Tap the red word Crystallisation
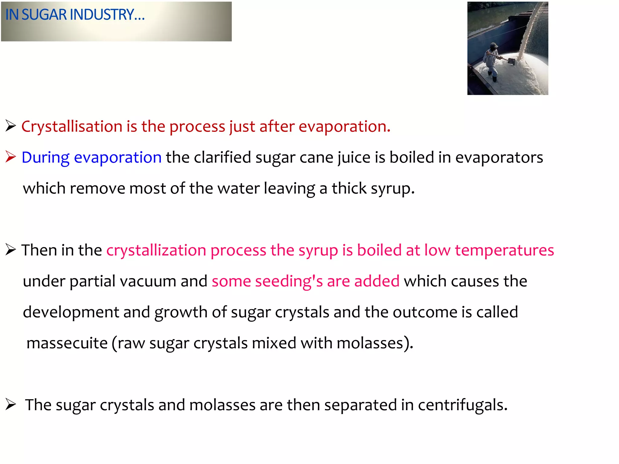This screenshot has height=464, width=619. [72, 126]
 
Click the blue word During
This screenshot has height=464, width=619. [46, 157]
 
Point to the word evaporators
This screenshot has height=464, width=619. [499, 157]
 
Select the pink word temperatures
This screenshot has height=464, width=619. [504, 250]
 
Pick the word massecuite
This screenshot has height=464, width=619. [67, 343]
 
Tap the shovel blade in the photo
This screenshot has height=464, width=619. [511, 61]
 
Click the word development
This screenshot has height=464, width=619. [71, 312]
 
